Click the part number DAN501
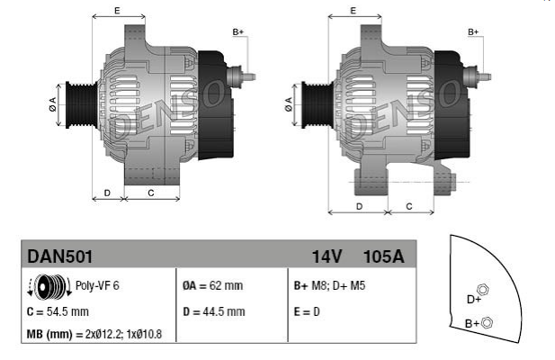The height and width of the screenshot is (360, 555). pyautogui.click(x=60, y=256)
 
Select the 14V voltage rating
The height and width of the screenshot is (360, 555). pyautogui.click(x=327, y=256)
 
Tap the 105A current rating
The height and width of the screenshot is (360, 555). pyautogui.click(x=384, y=256)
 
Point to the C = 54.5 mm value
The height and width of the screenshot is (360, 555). pyautogui.click(x=58, y=312)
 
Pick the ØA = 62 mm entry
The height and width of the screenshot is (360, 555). pyautogui.click(x=212, y=285)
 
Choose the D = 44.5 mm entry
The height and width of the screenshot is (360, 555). pyautogui.click(x=214, y=312)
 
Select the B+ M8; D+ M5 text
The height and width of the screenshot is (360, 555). pyautogui.click(x=329, y=285)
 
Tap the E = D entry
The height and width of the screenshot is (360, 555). pyautogui.click(x=307, y=312)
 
